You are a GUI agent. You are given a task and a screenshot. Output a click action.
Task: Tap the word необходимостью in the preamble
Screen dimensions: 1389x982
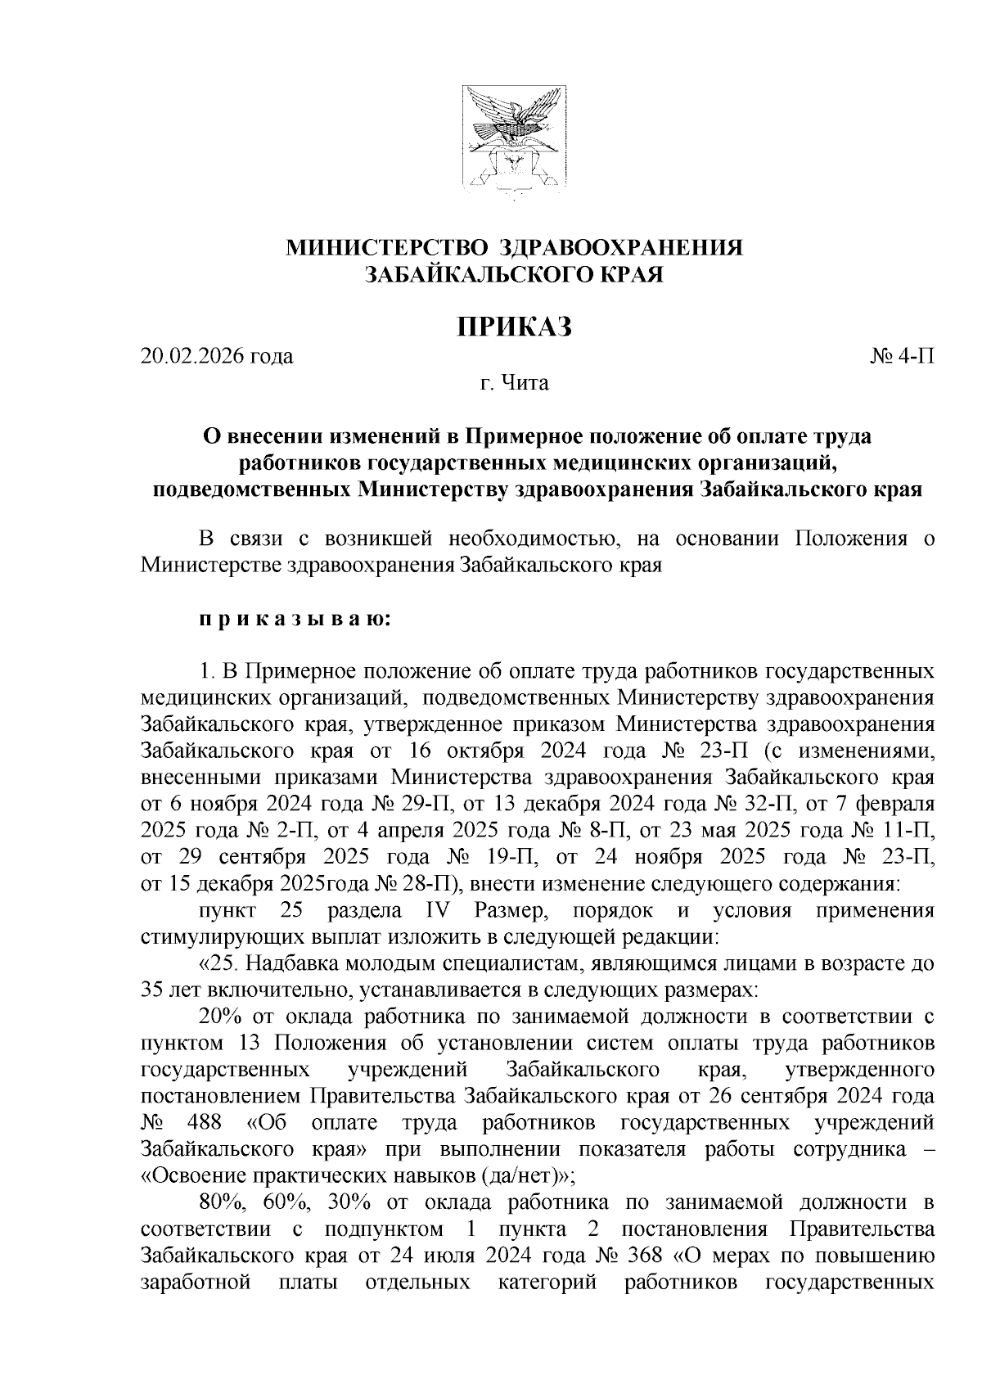(x=528, y=539)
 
